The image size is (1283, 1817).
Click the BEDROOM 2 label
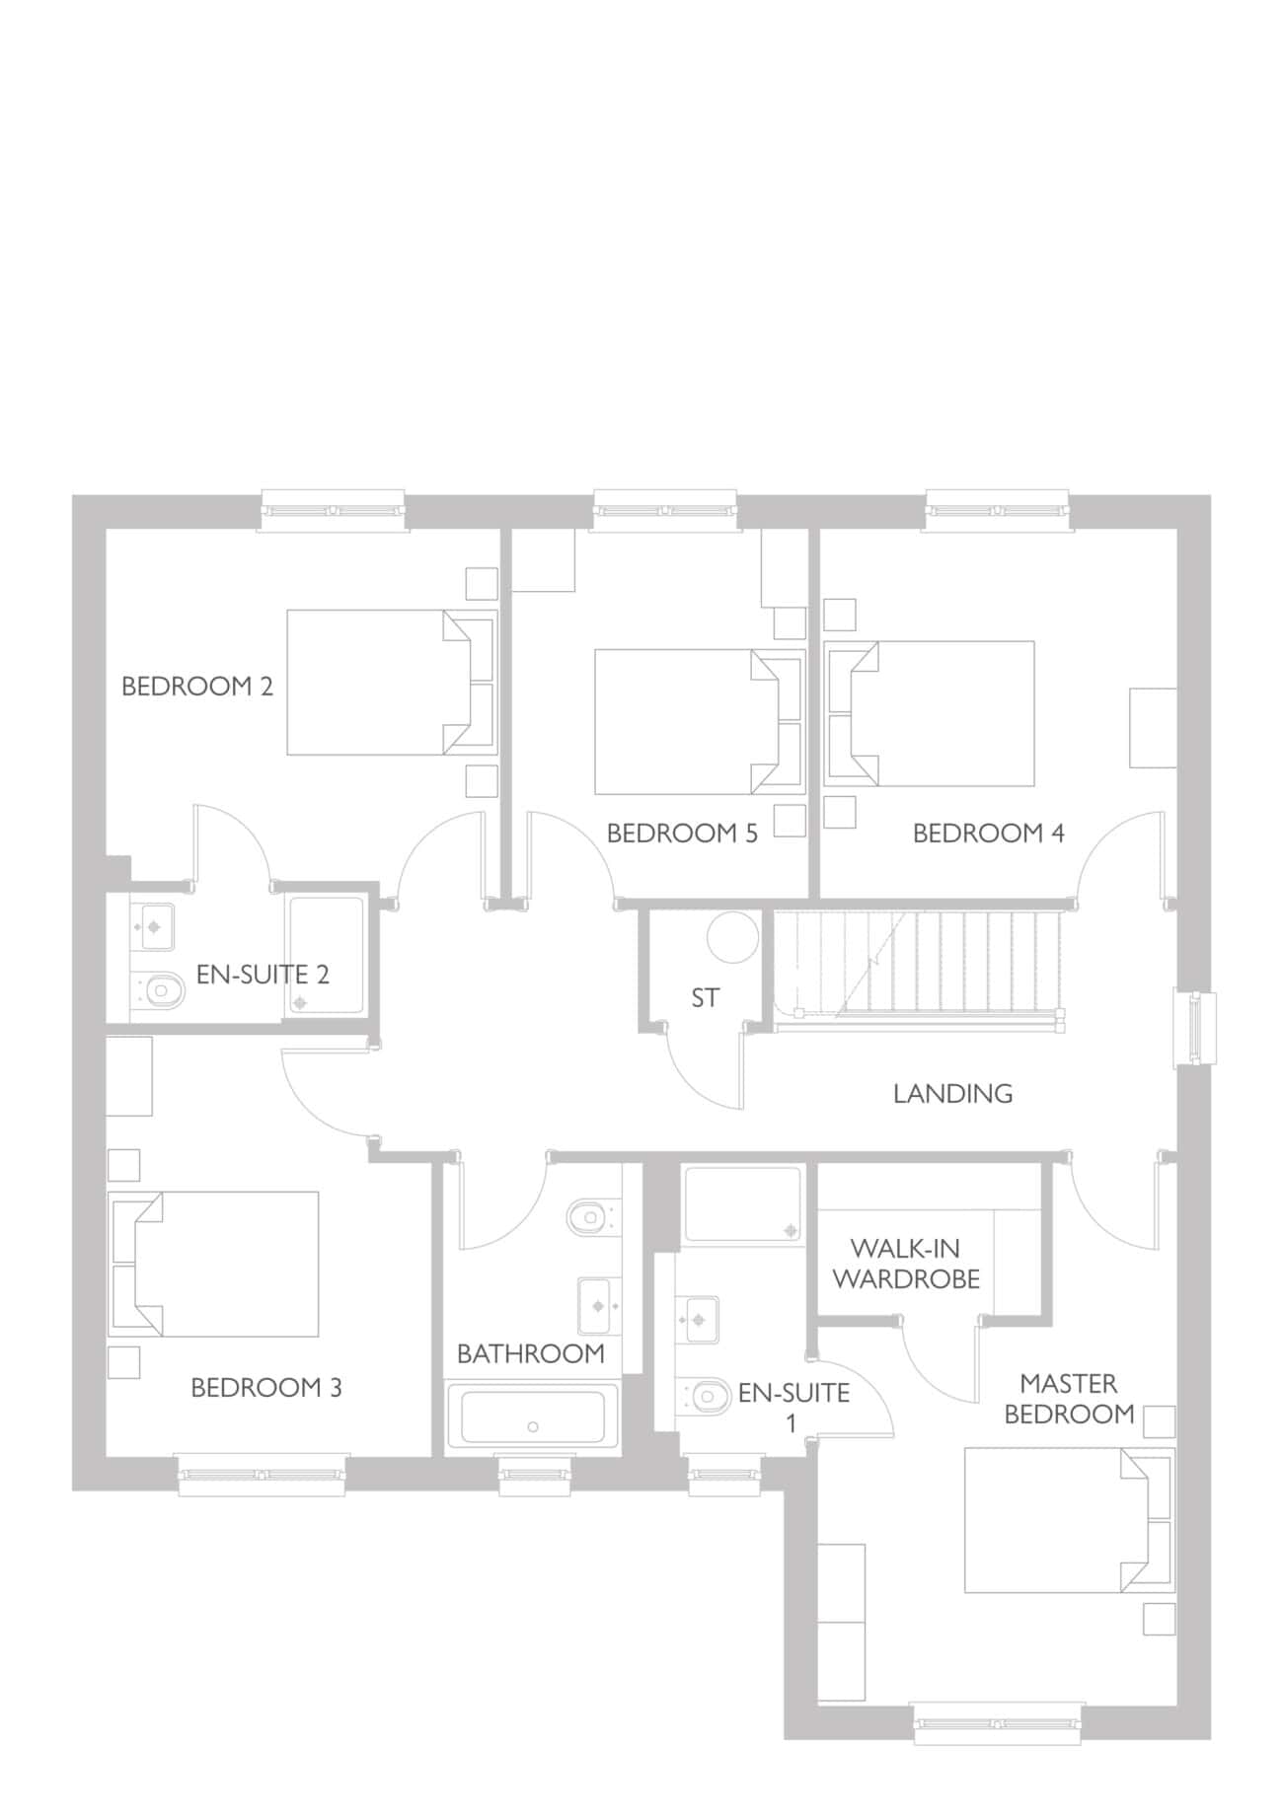[x=197, y=687]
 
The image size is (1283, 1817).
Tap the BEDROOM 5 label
[x=682, y=834]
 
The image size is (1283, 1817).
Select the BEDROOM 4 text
[x=989, y=834]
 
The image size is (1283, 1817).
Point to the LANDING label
[x=952, y=1093]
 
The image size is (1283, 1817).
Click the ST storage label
[x=705, y=998]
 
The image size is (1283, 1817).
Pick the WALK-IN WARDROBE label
[x=906, y=1264]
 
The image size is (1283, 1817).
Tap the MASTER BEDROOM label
[x=1069, y=1399]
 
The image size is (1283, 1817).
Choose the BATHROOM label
[x=531, y=1353]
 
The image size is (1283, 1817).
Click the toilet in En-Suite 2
[x=158, y=989]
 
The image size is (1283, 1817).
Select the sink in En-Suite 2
[x=153, y=927]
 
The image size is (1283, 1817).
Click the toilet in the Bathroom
[x=593, y=1216]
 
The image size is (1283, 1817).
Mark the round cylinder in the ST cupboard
[x=732, y=936]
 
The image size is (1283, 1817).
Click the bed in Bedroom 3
[x=214, y=1264]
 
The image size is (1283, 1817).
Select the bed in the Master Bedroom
[x=1069, y=1520]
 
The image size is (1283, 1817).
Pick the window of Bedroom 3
[x=262, y=1475]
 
